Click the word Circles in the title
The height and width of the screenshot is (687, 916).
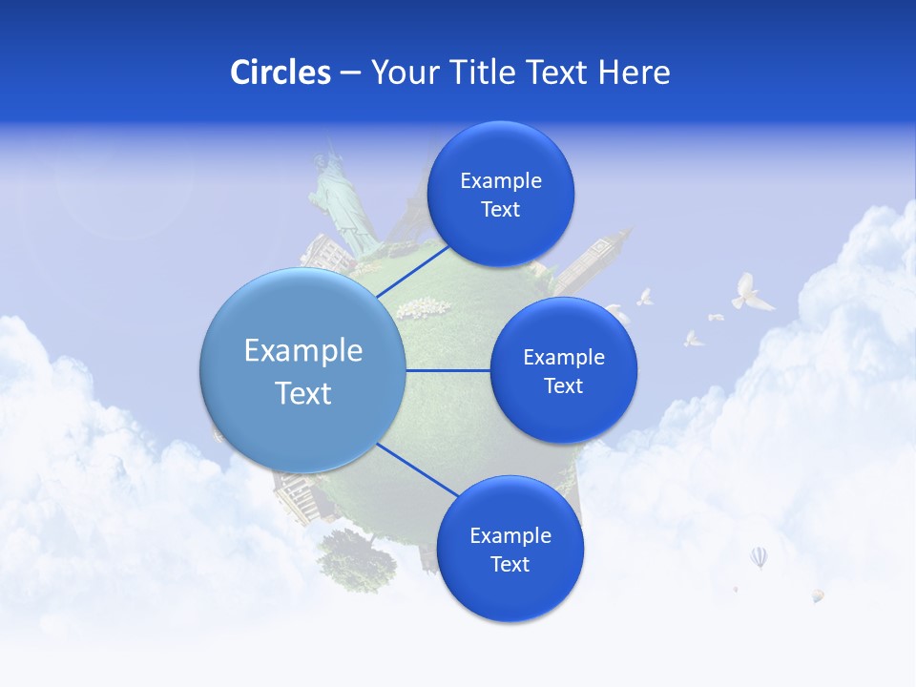(280, 73)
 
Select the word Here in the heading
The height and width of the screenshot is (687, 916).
(634, 73)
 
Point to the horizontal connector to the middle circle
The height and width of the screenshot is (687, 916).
(448, 370)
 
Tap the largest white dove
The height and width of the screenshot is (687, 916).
(750, 293)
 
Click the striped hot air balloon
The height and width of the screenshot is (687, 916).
(759, 556)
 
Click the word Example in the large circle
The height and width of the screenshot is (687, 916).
(303, 351)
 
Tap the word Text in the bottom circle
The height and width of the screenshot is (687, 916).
(510, 564)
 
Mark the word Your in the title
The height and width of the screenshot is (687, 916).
(399, 73)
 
